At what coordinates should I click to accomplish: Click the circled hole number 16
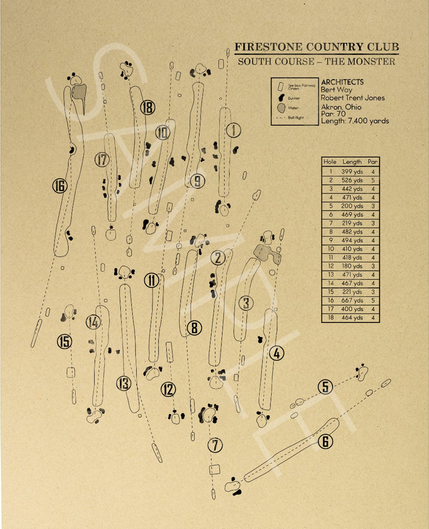click(60, 186)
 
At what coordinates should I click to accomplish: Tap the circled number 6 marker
click(325, 441)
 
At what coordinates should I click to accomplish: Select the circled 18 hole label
click(148, 108)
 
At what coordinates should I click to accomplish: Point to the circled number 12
click(168, 389)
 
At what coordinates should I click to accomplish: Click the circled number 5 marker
click(325, 387)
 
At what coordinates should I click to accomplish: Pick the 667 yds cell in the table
click(352, 300)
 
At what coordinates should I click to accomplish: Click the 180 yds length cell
click(352, 266)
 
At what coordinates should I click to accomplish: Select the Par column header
click(372, 162)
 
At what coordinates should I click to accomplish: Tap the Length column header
click(352, 162)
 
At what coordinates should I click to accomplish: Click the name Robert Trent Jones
click(353, 98)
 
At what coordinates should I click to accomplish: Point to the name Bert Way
click(336, 90)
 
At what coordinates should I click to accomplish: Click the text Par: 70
click(333, 114)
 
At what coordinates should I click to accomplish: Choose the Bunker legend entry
click(294, 98)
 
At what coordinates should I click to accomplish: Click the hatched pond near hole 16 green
click(79, 92)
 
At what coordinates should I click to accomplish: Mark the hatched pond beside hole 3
click(267, 253)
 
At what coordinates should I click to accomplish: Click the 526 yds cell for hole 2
click(352, 180)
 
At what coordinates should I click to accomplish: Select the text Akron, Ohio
click(341, 107)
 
